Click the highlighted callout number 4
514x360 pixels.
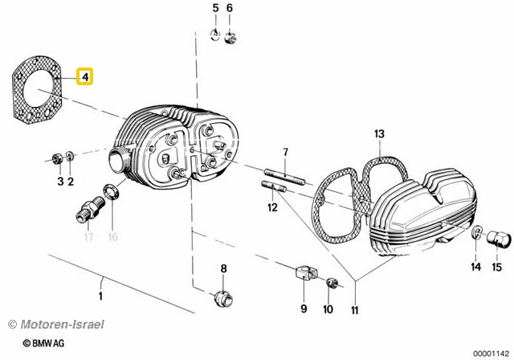(x=85, y=77)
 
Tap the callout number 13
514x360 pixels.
(x=379, y=134)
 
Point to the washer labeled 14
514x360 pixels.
(x=477, y=232)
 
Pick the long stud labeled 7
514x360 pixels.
(x=284, y=177)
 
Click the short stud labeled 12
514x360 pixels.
(x=274, y=186)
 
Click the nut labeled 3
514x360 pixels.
(x=57, y=159)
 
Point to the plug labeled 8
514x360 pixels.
(x=223, y=299)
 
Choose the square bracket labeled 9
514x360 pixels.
(x=305, y=275)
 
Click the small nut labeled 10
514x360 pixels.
(x=332, y=283)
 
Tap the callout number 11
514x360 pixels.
(x=355, y=310)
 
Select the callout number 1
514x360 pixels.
(x=100, y=296)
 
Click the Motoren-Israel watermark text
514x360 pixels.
(x=56, y=325)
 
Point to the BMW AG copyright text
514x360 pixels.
(x=44, y=343)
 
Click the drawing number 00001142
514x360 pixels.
(x=491, y=354)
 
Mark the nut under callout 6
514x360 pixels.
(x=230, y=38)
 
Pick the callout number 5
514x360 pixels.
(x=215, y=8)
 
